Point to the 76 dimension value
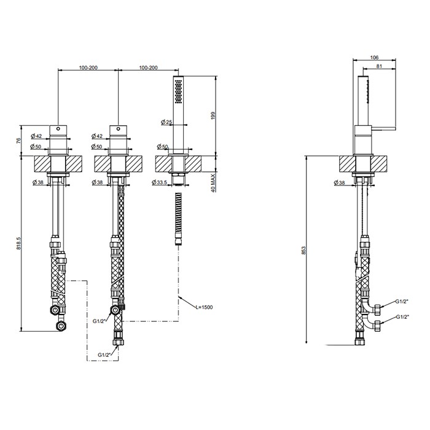click(x=18, y=141)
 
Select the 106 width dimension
click(x=375, y=58)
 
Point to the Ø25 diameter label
click(x=164, y=122)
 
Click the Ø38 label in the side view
click(x=342, y=182)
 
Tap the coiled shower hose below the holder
click(x=178, y=218)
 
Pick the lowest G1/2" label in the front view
click(x=105, y=355)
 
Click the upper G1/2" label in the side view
click(x=402, y=302)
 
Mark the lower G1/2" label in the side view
click(x=402, y=316)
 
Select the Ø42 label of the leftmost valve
click(x=35, y=136)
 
